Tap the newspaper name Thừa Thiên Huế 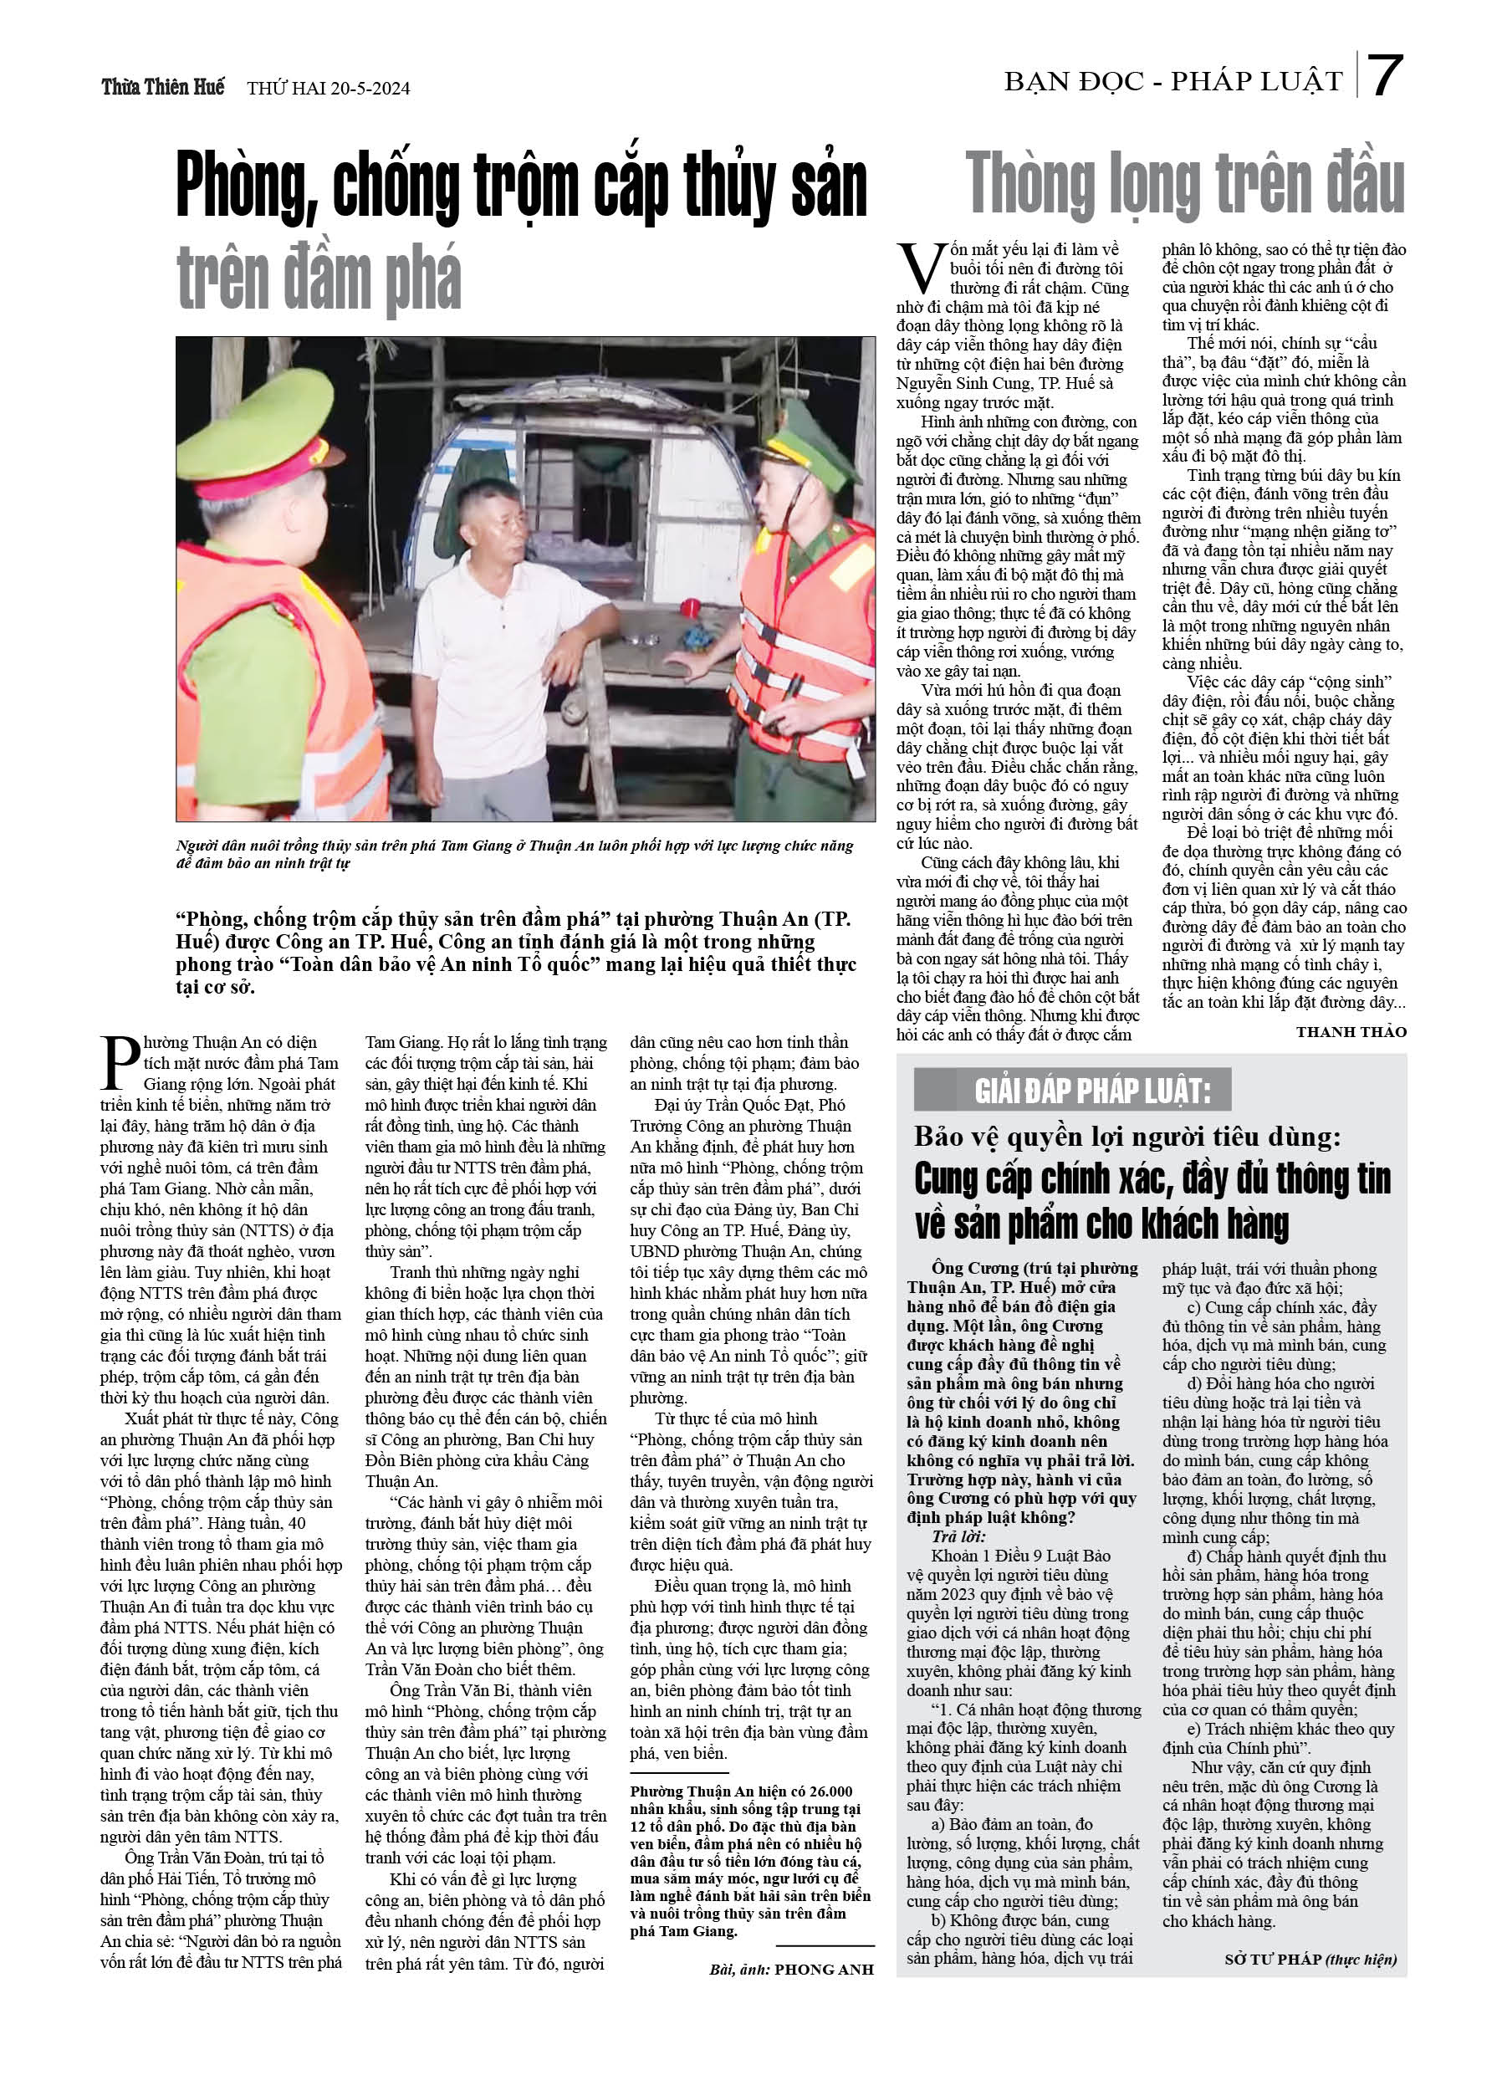click(x=163, y=87)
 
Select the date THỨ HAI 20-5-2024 click(x=329, y=89)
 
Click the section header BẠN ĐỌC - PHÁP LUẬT click(x=1173, y=82)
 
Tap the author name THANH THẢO click(x=1351, y=1032)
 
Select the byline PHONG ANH click(x=824, y=1969)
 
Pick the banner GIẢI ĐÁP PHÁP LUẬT click(x=1092, y=1091)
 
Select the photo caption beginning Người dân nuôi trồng click(x=514, y=854)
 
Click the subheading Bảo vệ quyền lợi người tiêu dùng click(x=1127, y=1137)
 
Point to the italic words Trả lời click(x=957, y=1536)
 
